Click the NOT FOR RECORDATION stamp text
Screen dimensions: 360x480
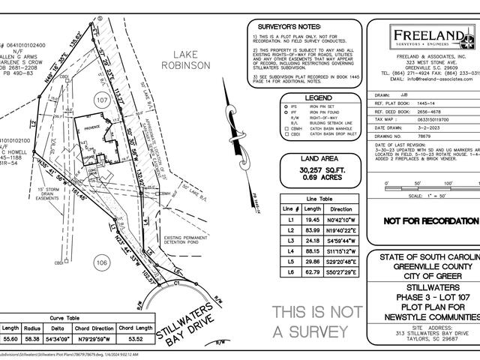(x=430, y=221)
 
